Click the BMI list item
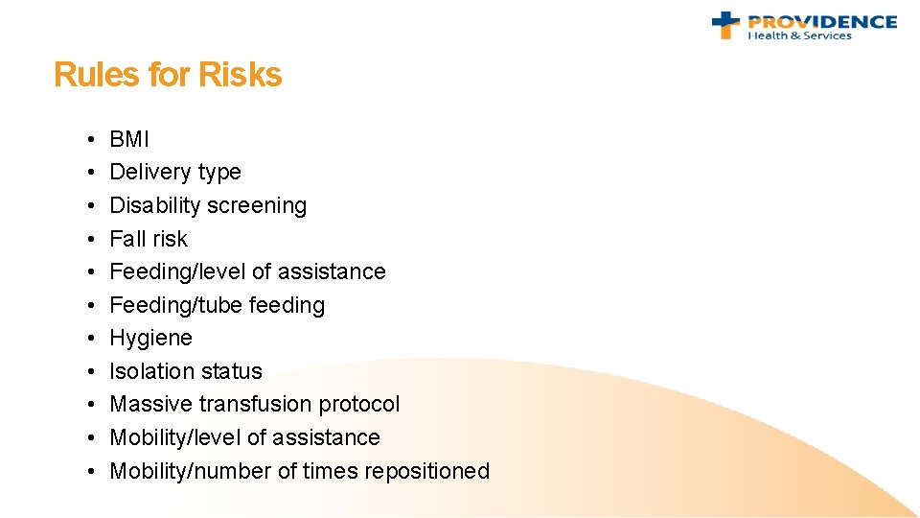129,139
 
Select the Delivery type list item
175,173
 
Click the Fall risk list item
149,239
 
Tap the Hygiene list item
150,339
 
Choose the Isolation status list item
186,371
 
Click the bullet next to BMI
87,140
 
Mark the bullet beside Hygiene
87,339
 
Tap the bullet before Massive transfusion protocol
87,405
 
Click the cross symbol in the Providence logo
726,24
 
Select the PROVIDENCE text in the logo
821,21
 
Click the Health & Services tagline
799,36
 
